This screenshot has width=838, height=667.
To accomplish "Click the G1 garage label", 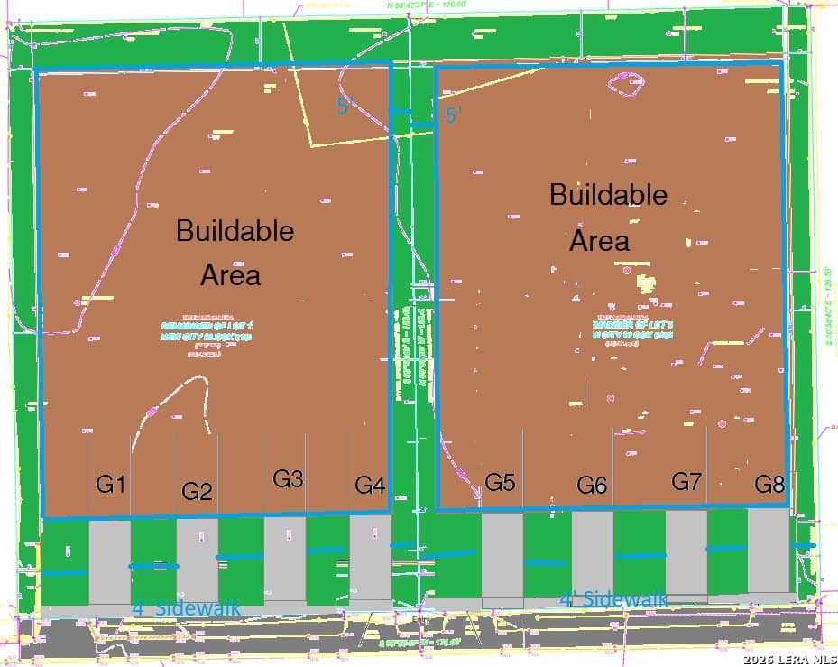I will [x=110, y=486].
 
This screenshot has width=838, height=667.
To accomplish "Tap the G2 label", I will [x=197, y=492].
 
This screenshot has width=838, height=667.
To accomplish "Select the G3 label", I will [x=288, y=480].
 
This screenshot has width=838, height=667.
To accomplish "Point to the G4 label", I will [x=370, y=486].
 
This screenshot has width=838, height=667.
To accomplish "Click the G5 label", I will [x=500, y=483].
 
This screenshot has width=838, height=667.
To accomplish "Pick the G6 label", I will [x=592, y=486].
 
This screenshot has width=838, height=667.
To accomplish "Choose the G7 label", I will [x=686, y=482].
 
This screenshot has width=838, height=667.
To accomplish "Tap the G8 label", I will [x=769, y=485].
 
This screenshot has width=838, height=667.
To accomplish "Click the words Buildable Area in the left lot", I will [x=234, y=252].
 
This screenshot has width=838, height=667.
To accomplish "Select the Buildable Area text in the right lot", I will [x=608, y=218].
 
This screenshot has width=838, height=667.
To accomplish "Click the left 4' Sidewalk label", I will [x=187, y=607].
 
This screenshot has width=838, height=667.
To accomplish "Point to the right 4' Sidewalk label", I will [x=613, y=598].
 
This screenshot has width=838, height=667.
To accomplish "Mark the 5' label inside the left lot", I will [x=343, y=107].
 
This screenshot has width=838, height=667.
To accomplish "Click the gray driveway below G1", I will [x=110, y=563].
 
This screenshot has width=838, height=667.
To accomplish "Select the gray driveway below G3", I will [x=285, y=560].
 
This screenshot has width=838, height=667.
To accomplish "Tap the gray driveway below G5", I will [x=502, y=556].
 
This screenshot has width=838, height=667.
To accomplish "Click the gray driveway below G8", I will [x=769, y=551].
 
